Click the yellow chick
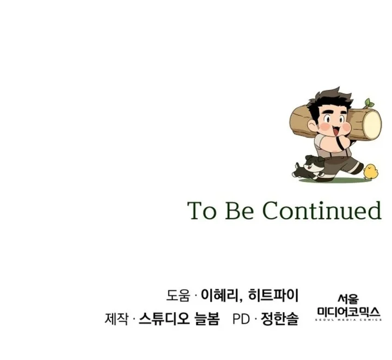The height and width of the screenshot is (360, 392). point(371,171)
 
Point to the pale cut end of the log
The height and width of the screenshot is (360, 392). point(372,125)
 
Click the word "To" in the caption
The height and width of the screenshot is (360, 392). point(202,210)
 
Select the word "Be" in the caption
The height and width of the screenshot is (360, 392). point(240,210)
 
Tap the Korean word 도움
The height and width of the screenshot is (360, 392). point(178,296)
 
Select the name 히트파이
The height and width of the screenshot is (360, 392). point(273,295)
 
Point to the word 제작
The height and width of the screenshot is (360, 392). point(117,319)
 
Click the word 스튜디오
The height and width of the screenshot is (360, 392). point(164,319)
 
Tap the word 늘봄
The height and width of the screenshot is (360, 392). point(207,319)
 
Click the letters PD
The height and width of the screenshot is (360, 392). point(242,319)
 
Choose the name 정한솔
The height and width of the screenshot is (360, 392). point(280,319)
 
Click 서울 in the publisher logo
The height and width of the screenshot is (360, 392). point(348,299)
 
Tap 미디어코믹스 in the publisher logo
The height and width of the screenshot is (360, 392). point(348,312)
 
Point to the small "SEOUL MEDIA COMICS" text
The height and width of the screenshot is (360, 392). point(348,320)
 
